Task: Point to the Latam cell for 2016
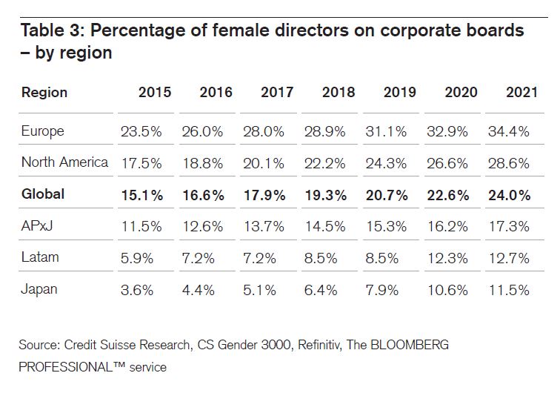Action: [201, 257]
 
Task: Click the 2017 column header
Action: [276, 93]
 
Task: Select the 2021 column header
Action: [521, 93]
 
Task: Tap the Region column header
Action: [44, 93]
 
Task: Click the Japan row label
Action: [40, 289]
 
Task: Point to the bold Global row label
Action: [43, 194]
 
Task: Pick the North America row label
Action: [64, 162]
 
